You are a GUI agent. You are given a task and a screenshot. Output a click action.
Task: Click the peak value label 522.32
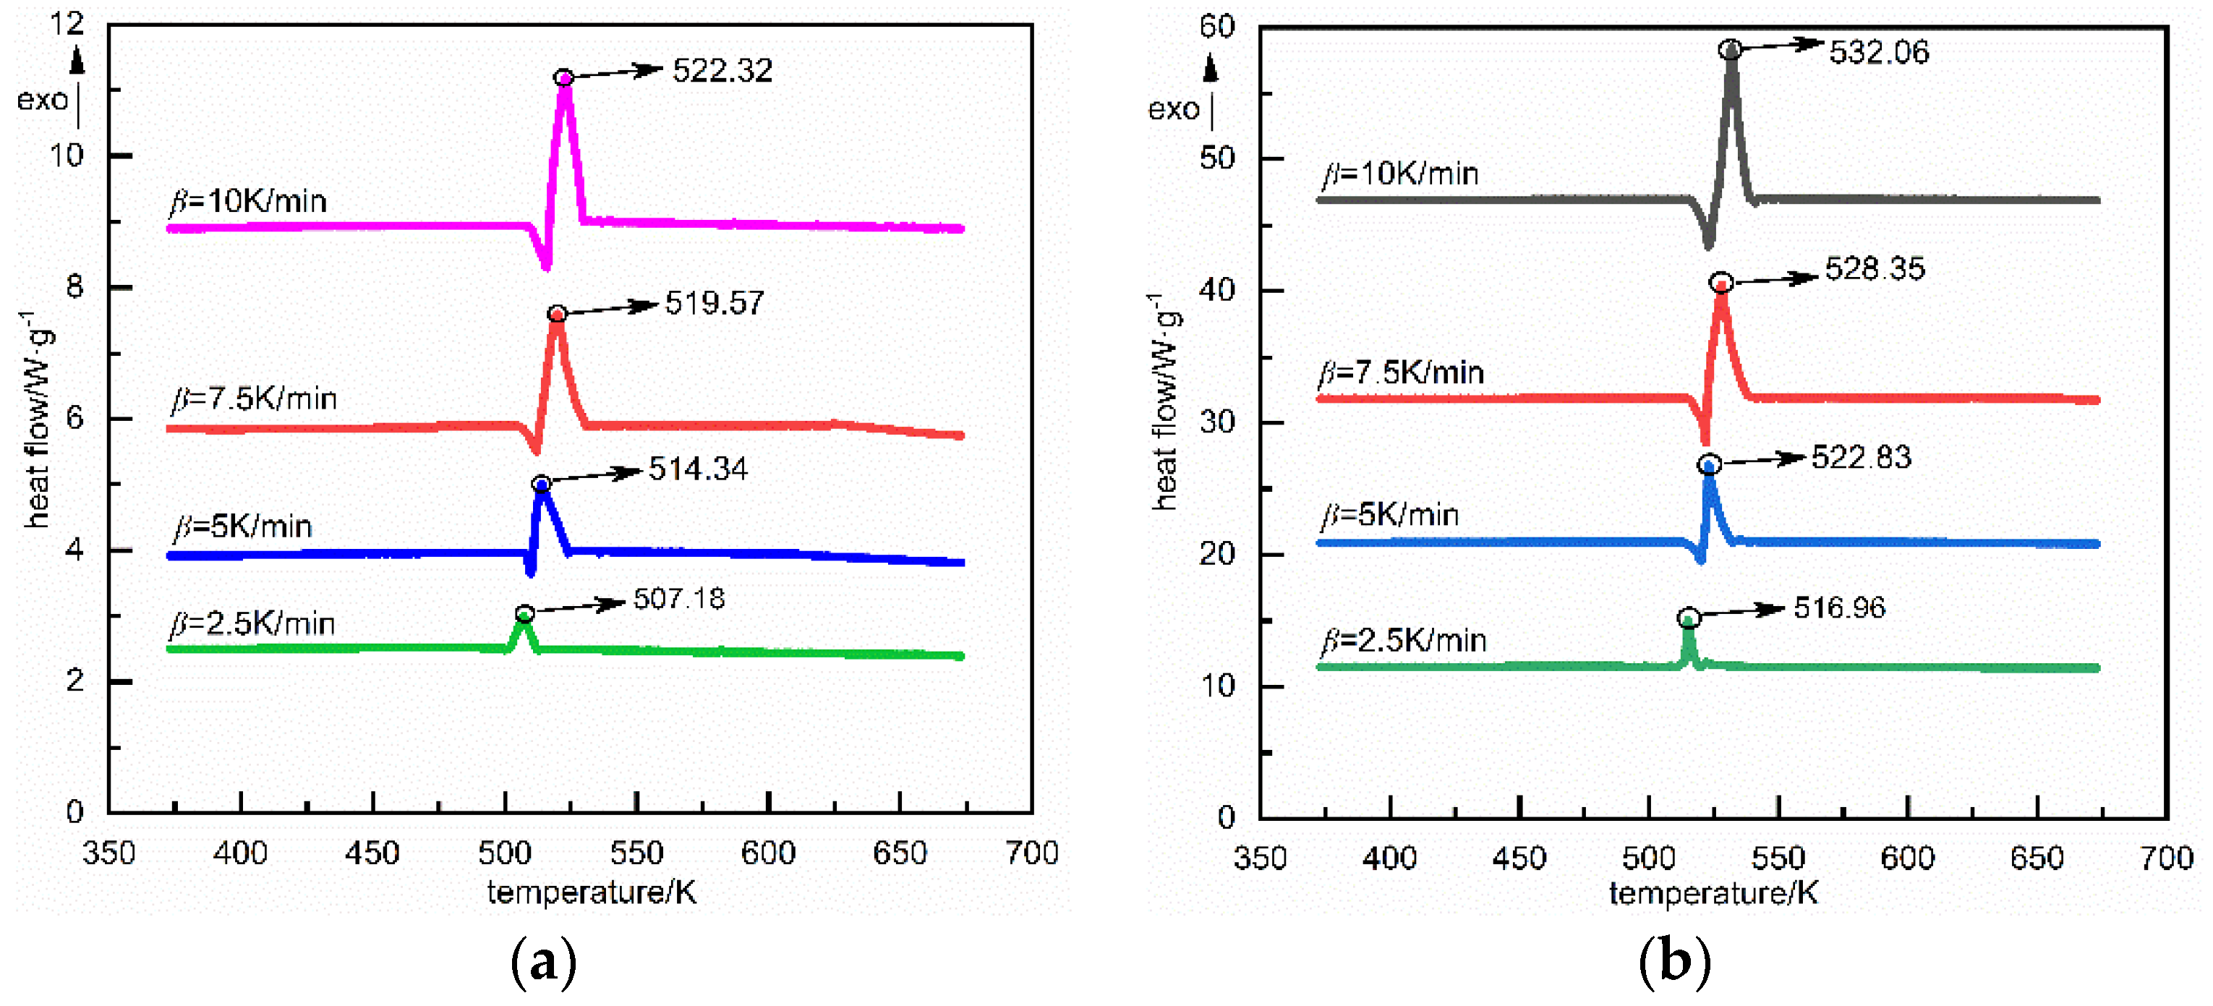coord(722,70)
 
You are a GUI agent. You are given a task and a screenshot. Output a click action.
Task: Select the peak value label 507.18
coord(678,599)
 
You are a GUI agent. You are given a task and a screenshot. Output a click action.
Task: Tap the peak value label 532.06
coord(1879,52)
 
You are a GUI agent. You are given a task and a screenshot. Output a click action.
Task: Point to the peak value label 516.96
coord(1839,608)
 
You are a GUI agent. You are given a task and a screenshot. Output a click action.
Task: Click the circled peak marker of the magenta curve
coord(563,78)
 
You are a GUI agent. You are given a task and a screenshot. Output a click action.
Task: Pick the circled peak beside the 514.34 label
coord(541,485)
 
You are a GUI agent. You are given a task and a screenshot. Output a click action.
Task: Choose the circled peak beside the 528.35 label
coord(1720,283)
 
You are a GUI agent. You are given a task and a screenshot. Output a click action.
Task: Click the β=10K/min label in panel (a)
coord(248,201)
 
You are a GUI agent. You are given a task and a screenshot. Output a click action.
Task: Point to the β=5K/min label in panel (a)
coord(243,526)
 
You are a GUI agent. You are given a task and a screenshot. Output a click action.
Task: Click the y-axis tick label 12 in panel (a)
coord(67,24)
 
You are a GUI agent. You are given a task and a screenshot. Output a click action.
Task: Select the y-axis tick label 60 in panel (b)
coord(1216,27)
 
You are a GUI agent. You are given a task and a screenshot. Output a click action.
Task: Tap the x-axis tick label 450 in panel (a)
coord(372,853)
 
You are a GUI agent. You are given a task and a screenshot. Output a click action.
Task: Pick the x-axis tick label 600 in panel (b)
coord(1907,857)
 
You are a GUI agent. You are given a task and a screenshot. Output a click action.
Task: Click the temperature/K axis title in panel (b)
coord(1713,893)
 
